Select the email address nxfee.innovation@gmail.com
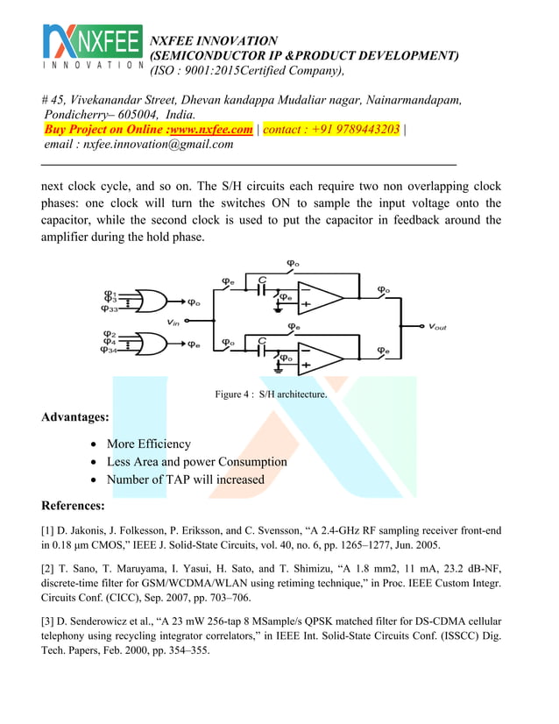coord(158,145)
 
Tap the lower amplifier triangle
coord(318,358)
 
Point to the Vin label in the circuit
coord(174,323)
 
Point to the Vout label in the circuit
coord(437,327)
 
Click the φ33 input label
coord(110,309)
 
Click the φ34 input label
coord(110,351)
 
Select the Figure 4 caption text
coord(271,394)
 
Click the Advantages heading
coord(75,417)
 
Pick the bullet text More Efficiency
coord(148,444)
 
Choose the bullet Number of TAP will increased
coord(185,479)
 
